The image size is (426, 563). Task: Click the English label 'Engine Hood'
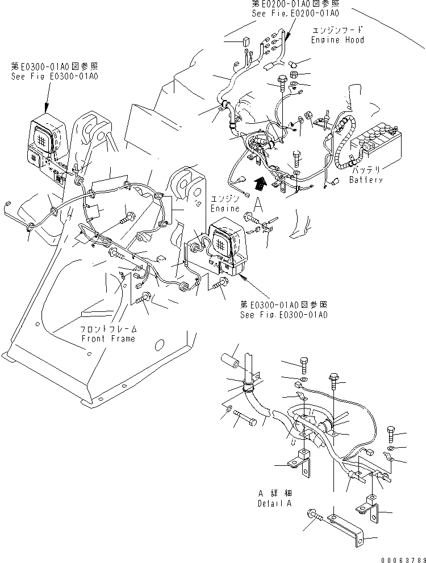click(337, 40)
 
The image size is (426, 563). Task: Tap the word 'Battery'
click(366, 180)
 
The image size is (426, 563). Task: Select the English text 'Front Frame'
click(108, 339)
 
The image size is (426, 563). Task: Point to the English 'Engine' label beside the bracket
click(225, 208)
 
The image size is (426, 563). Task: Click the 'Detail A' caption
click(275, 503)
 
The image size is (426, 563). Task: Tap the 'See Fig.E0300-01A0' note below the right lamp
click(284, 315)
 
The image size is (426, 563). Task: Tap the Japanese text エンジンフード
click(338, 30)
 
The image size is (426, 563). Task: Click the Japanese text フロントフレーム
click(108, 330)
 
